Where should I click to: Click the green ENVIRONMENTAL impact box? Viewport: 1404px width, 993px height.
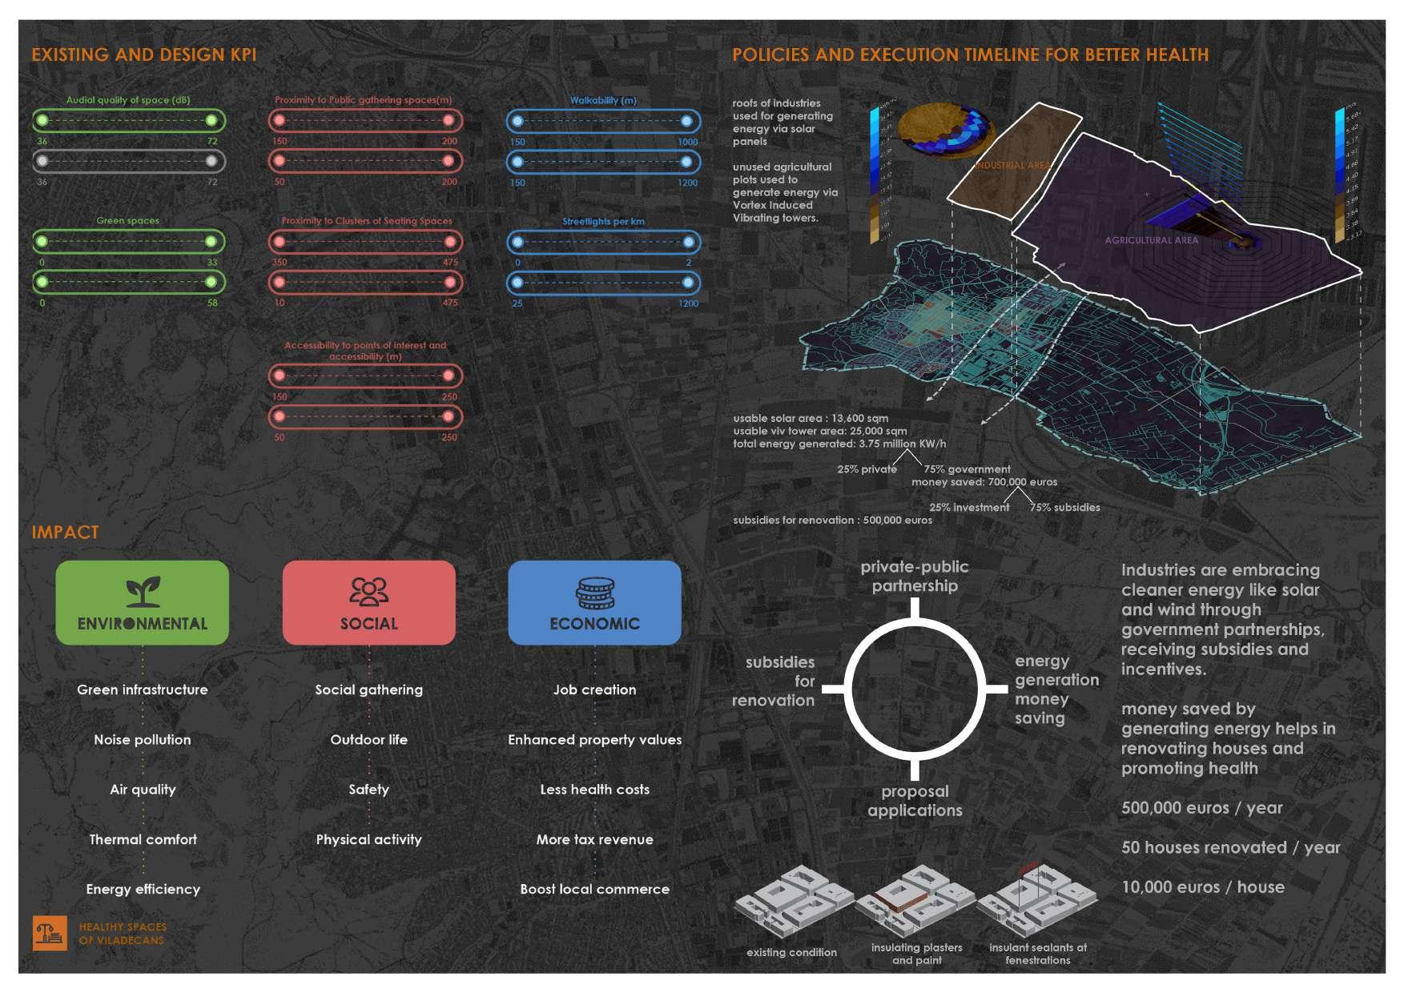(x=142, y=602)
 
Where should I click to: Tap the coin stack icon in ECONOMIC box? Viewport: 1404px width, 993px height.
(x=594, y=593)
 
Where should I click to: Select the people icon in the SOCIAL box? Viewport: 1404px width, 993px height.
(x=368, y=592)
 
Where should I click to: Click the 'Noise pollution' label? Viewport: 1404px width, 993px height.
(x=143, y=740)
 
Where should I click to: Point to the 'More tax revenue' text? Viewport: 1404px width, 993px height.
(x=594, y=840)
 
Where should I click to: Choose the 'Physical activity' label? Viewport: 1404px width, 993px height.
(x=368, y=840)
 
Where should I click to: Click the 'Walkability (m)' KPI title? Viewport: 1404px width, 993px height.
(x=603, y=101)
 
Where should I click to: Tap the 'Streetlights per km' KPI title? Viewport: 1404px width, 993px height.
(x=603, y=222)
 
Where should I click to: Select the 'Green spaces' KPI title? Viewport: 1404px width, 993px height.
(x=128, y=221)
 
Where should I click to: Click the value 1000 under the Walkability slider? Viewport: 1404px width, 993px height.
(x=688, y=143)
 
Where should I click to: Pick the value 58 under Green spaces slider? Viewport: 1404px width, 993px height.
(x=212, y=304)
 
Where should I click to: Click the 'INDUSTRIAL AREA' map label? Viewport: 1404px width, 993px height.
(x=1012, y=166)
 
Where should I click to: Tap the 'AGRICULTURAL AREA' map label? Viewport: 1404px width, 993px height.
(x=1151, y=240)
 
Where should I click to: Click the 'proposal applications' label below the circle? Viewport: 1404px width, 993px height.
(x=915, y=801)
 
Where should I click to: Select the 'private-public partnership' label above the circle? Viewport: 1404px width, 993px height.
(x=915, y=577)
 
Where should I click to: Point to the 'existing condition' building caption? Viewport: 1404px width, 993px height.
(x=791, y=953)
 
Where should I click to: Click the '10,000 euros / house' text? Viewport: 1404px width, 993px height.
(x=1202, y=887)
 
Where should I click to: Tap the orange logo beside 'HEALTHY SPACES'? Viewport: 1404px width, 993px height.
(x=50, y=933)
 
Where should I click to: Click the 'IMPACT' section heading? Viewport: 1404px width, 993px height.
(x=65, y=533)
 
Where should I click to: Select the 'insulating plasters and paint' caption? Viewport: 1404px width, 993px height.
(x=916, y=954)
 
